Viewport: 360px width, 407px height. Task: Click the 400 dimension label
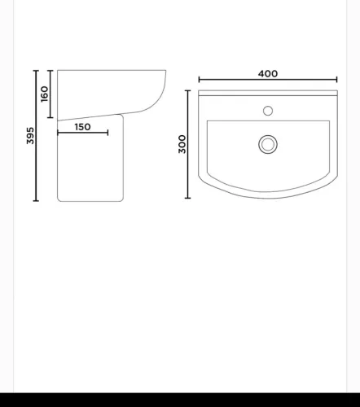click(x=268, y=74)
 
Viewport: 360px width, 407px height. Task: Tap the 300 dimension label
click(x=182, y=144)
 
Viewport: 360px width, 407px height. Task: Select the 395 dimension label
click(x=30, y=136)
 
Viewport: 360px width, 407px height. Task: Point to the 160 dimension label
click(x=44, y=94)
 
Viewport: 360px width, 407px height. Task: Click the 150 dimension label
click(x=82, y=127)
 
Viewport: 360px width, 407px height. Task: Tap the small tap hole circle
click(x=268, y=111)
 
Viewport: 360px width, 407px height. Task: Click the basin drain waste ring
click(x=268, y=144)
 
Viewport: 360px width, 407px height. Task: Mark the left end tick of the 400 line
click(x=200, y=80)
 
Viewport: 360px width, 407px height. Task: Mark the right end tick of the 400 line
click(x=336, y=80)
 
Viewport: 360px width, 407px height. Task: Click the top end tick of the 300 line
click(x=187, y=90)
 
